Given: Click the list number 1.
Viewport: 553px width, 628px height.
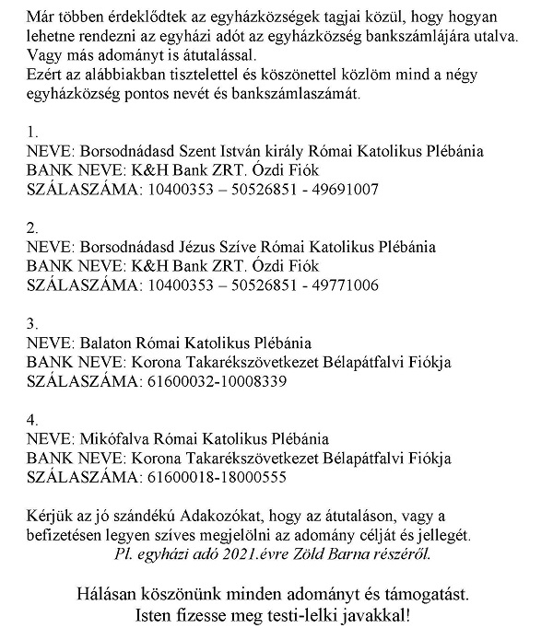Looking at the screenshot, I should pyautogui.click(x=32, y=132).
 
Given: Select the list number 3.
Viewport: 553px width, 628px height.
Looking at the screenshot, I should pyautogui.click(x=32, y=323).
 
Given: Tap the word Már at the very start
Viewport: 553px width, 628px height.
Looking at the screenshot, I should pyautogui.click(x=41, y=17).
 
